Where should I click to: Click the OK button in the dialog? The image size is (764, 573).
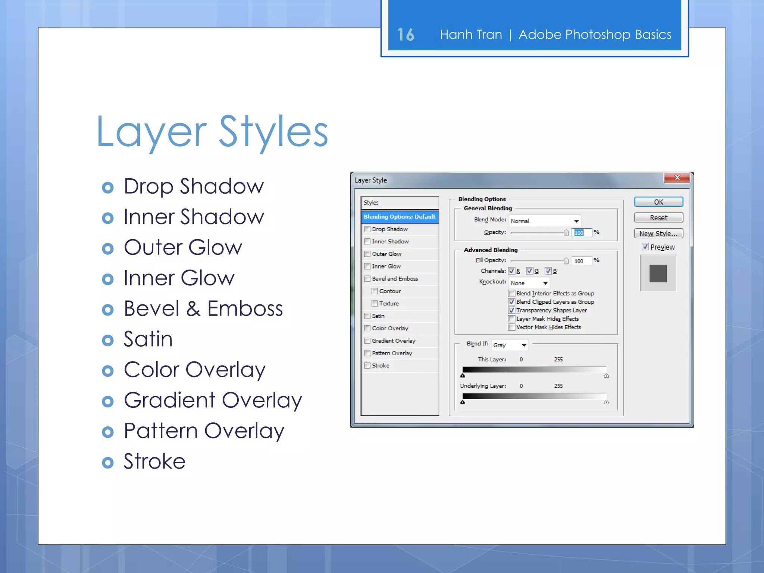click(x=658, y=202)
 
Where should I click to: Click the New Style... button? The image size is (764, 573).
click(x=658, y=234)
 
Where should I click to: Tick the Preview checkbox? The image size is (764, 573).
click(x=645, y=247)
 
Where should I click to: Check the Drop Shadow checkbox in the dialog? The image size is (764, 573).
click(x=367, y=229)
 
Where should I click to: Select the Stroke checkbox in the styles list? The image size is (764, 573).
click(x=367, y=366)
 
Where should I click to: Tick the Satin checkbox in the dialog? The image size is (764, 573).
click(x=367, y=316)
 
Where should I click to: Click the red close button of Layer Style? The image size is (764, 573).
click(x=677, y=178)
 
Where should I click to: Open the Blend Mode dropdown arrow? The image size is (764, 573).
click(x=576, y=221)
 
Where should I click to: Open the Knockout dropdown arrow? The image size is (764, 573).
click(x=545, y=283)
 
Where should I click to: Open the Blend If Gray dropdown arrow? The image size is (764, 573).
click(x=524, y=345)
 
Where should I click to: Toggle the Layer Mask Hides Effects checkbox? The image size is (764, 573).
click(x=512, y=319)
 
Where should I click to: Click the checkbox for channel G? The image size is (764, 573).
click(x=529, y=271)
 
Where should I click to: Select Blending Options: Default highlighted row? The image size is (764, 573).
click(x=400, y=217)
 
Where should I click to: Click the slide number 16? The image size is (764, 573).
click(x=406, y=35)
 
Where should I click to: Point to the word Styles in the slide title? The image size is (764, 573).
click(x=273, y=132)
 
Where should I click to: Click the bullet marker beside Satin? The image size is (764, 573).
click(x=108, y=340)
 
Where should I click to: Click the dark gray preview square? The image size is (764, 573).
click(x=658, y=273)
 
